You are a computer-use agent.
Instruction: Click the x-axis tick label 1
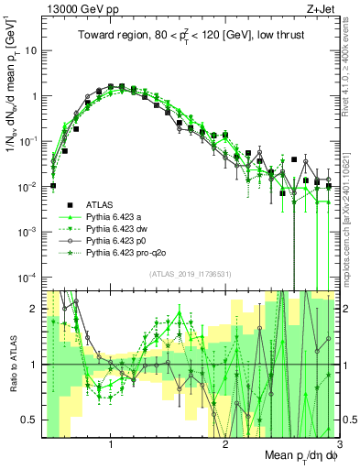pos(111,445)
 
